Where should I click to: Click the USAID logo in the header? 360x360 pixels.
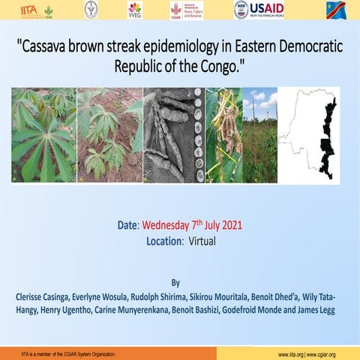259,10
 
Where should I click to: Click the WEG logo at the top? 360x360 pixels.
135,10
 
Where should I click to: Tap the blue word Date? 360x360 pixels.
128,224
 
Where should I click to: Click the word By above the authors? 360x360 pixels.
175,283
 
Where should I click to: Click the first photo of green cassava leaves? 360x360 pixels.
43,135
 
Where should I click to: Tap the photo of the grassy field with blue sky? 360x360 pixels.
259,135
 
